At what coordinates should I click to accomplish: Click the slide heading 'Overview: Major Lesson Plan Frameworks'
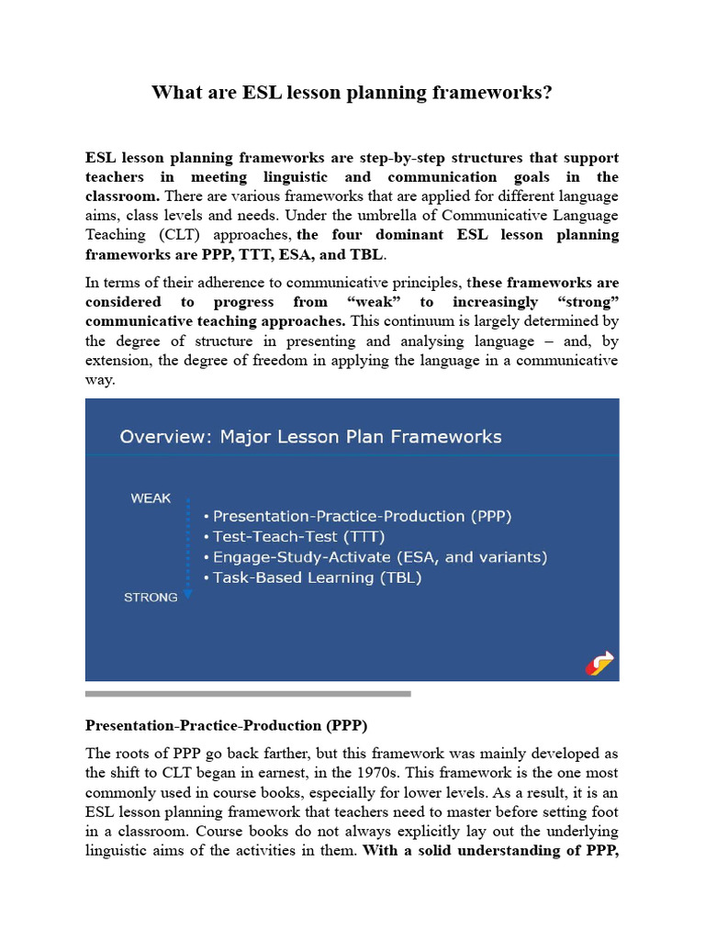click(x=310, y=436)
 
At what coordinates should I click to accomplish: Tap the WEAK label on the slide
click(x=151, y=498)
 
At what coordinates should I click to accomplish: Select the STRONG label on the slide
click(x=151, y=598)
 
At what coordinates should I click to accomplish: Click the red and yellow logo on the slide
click(x=601, y=662)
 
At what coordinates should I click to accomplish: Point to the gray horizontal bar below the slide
click(x=248, y=694)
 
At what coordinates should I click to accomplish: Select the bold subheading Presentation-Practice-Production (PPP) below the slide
click(x=226, y=726)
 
